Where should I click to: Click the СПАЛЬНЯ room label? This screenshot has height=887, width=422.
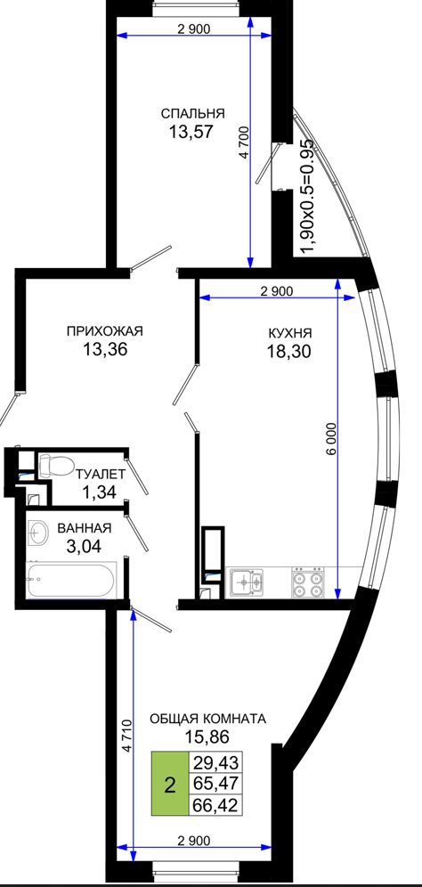click(x=193, y=113)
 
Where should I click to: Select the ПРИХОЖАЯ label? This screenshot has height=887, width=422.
click(x=105, y=331)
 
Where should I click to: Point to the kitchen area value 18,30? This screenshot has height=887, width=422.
click(x=289, y=351)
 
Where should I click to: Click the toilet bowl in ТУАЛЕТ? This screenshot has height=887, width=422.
click(x=55, y=466)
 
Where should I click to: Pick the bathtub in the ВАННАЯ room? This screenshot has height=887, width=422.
click(x=72, y=580)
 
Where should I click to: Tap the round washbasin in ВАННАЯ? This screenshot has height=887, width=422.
click(x=39, y=533)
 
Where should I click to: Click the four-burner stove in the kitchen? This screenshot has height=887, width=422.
click(x=306, y=582)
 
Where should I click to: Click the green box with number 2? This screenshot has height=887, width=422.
click(x=169, y=784)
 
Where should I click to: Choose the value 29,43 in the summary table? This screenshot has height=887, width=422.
click(x=216, y=761)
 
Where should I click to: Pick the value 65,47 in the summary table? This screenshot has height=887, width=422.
click(x=216, y=783)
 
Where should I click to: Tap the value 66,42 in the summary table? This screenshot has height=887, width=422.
click(x=216, y=804)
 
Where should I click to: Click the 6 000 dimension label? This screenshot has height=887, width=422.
click(x=331, y=438)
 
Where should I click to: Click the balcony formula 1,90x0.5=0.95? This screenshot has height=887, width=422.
click(x=306, y=195)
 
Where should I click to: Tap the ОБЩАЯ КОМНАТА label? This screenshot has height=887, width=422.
click(x=207, y=719)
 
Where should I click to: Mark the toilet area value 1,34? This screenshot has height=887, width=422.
click(x=99, y=492)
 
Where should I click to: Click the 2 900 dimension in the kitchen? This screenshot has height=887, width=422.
click(x=277, y=292)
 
